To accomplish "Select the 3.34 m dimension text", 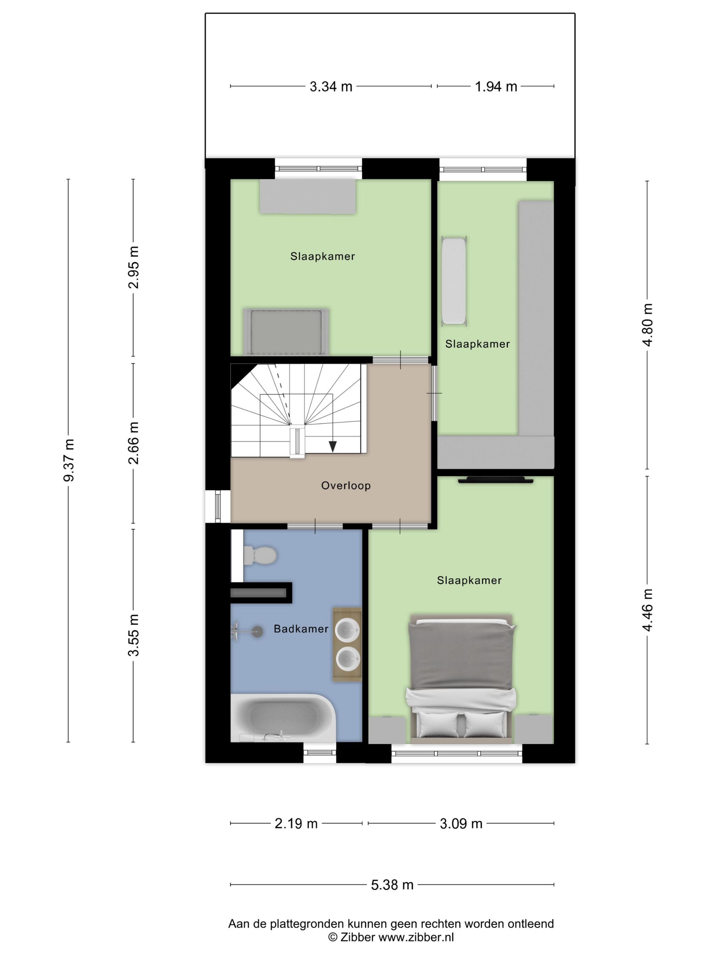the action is [x=331, y=87].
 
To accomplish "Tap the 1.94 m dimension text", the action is [x=496, y=87].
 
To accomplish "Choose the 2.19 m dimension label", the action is [x=296, y=823].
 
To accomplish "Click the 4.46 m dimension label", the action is [x=648, y=610].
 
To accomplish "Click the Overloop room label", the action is [x=346, y=486].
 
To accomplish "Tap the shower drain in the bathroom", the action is [x=258, y=631].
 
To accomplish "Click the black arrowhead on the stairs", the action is [x=332, y=446].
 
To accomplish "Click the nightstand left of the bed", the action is [x=387, y=729].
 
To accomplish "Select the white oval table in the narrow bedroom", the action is [x=453, y=281].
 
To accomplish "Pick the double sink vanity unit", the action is [x=347, y=644].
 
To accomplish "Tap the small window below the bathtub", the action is [x=319, y=753].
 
